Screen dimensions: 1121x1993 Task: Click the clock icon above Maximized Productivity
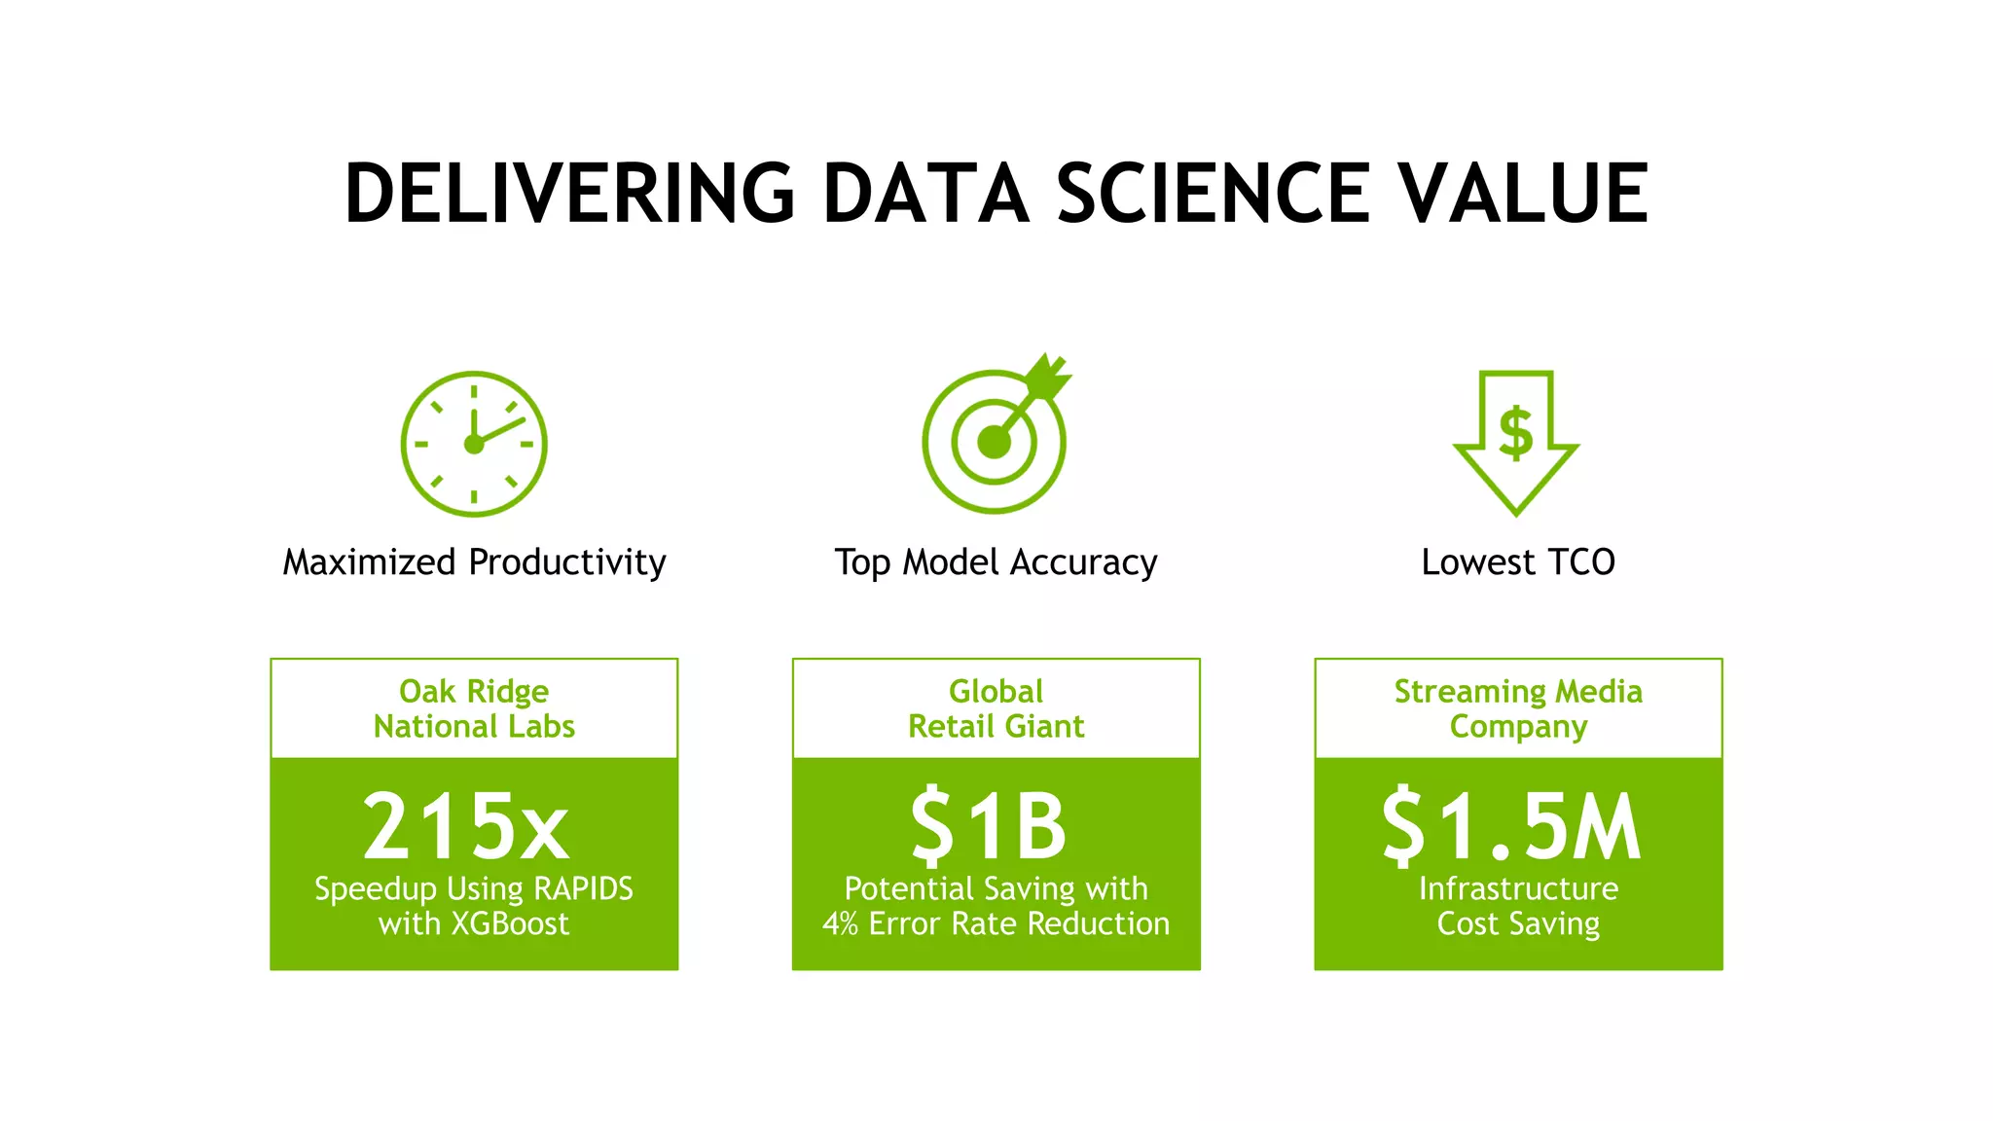[x=474, y=444]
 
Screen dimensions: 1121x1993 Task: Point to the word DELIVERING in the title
[x=570, y=194]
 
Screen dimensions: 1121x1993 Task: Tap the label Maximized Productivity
[x=474, y=562]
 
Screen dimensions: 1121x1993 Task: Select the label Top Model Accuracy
[x=996, y=562]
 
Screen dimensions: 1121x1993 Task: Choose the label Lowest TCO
[x=1517, y=562]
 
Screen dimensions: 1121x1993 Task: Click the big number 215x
[x=466, y=827]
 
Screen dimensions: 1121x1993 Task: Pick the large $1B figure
[x=989, y=827]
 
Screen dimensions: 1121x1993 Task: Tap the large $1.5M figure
[x=1511, y=827]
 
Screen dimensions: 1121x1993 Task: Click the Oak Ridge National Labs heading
[x=474, y=708]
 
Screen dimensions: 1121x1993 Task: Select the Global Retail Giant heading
[x=996, y=708]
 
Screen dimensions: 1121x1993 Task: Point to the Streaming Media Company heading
[x=1518, y=708]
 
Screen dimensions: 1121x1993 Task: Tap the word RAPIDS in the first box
[x=583, y=888]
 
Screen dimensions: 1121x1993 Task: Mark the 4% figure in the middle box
[x=840, y=923]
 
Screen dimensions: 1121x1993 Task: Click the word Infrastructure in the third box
[x=1518, y=888]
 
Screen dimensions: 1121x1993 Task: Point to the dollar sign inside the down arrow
[x=1515, y=432]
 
